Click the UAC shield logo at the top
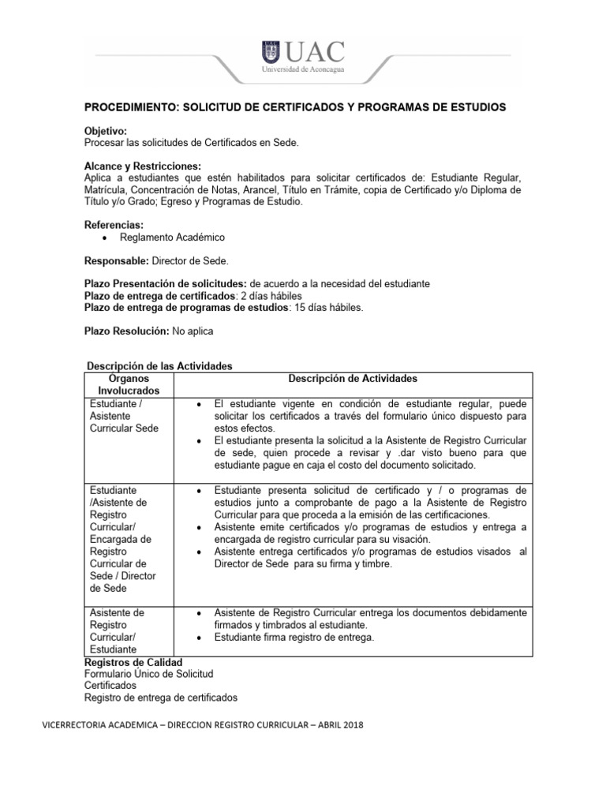pyautogui.click(x=271, y=54)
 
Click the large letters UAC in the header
pyautogui.click(x=315, y=51)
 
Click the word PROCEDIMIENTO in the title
pyautogui.click(x=131, y=107)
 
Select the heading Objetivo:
pyautogui.click(x=105, y=130)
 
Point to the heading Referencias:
pyautogui.click(x=114, y=225)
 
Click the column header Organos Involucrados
pyautogui.click(x=128, y=384)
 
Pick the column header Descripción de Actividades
pyautogui.click(x=353, y=379)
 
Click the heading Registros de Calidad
pyautogui.click(x=133, y=662)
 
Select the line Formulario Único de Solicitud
pyautogui.click(x=148, y=674)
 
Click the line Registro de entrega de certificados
pyautogui.click(x=160, y=698)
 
